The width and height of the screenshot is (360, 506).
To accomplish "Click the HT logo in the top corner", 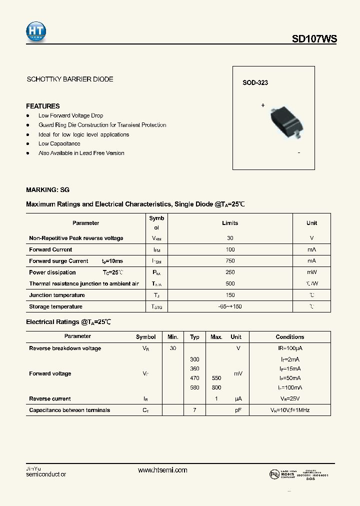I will (x=36, y=31).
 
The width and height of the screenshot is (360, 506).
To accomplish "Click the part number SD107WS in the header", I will (x=314, y=38).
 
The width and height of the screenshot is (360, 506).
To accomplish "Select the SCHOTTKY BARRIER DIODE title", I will (x=69, y=79).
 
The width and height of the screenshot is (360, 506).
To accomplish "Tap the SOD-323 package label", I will (x=255, y=82).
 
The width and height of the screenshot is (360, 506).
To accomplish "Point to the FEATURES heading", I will (x=42, y=106).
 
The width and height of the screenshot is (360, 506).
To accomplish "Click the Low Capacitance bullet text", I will (x=59, y=143).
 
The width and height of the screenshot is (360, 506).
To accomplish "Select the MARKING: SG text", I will (x=47, y=190).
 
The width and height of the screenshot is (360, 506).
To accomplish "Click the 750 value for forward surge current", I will (x=230, y=261).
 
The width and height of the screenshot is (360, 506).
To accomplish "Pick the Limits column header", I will (x=230, y=223).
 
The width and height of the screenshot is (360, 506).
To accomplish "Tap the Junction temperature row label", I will (x=57, y=295).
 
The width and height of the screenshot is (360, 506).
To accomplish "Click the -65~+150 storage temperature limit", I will (x=230, y=306).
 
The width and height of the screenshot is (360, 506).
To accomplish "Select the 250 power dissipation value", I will (x=230, y=272).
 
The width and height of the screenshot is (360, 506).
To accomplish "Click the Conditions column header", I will (x=289, y=337).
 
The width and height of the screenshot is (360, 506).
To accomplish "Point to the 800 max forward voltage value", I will (x=216, y=387).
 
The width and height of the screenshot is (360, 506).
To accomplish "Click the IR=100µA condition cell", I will (x=289, y=348).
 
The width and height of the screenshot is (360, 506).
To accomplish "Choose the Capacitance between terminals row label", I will (x=69, y=410).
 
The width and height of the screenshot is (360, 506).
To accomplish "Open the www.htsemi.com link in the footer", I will (x=162, y=470).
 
